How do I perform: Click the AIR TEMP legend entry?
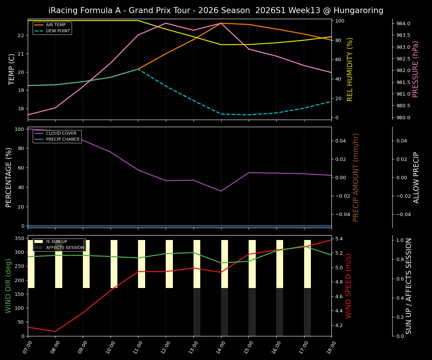pyautogui.click(x=55, y=25)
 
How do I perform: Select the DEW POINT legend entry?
pyautogui.click(x=58, y=31)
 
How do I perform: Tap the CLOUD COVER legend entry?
pyautogui.click(x=61, y=133)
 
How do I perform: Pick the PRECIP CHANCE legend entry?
pyautogui.click(x=63, y=139)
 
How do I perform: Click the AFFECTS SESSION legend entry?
pyautogui.click(x=65, y=248)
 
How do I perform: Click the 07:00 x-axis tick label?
pyautogui.click(x=26, y=347)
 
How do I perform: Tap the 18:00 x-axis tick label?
pyautogui.click(x=330, y=347)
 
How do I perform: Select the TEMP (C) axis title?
pyautogui.click(x=12, y=69)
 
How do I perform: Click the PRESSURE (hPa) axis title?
pyautogui.click(x=415, y=69)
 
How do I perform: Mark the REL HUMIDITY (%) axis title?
pyautogui.click(x=350, y=69)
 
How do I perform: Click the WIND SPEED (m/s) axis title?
pyautogui.click(x=349, y=286)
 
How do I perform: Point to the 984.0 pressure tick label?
pyautogui.click(x=403, y=24)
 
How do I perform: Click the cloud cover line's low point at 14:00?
pyautogui.click(x=221, y=191)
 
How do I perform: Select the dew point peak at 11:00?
pyautogui.click(x=138, y=69)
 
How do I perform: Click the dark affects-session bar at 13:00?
pyautogui.click(x=197, y=312)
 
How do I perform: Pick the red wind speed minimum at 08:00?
pyautogui.click(x=55, y=331)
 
